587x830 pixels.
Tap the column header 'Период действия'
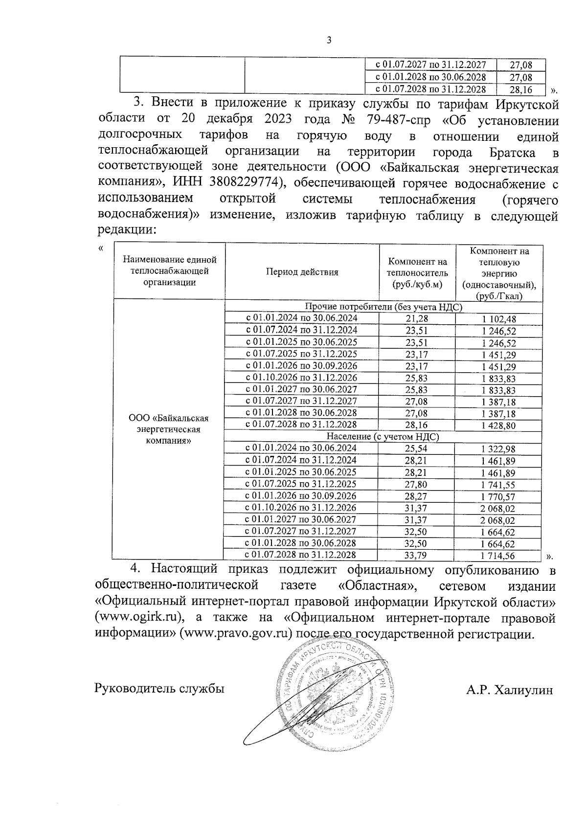click(302, 272)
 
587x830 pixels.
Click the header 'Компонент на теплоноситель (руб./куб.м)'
click(417, 272)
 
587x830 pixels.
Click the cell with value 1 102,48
click(498, 319)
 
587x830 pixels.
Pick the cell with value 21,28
click(417, 318)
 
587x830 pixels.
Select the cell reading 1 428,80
click(498, 426)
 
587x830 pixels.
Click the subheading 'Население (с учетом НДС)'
click(382, 437)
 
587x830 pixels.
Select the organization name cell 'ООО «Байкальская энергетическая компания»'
click(169, 429)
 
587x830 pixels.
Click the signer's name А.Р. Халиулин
click(510, 690)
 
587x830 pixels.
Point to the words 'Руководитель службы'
click(159, 689)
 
